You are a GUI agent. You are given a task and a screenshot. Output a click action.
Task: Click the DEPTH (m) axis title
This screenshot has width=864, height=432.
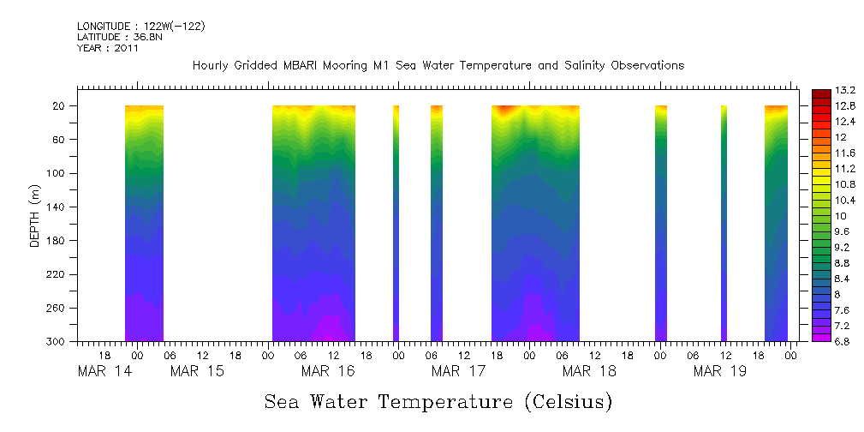35,214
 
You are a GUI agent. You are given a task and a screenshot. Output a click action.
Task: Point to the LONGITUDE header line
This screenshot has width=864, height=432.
141,26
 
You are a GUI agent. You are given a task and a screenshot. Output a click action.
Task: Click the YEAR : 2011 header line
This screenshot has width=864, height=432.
108,48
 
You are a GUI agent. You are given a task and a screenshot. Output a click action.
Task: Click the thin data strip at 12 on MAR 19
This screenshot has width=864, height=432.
724,223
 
